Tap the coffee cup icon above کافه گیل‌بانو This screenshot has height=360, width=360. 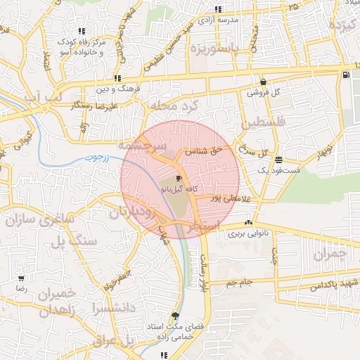click(179, 179)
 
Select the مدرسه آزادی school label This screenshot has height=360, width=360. click(219, 20)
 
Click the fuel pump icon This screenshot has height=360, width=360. click(345, 75)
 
